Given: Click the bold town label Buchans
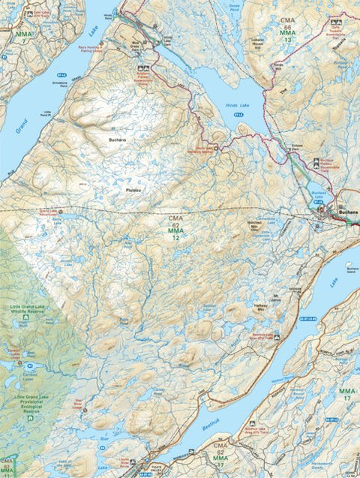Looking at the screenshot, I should point(348,212).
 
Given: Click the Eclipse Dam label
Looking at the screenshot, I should point(294,147).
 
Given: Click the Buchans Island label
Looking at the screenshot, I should point(349,267).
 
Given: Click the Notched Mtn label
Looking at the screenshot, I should point(259,224).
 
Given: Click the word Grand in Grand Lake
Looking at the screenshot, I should point(21,125).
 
